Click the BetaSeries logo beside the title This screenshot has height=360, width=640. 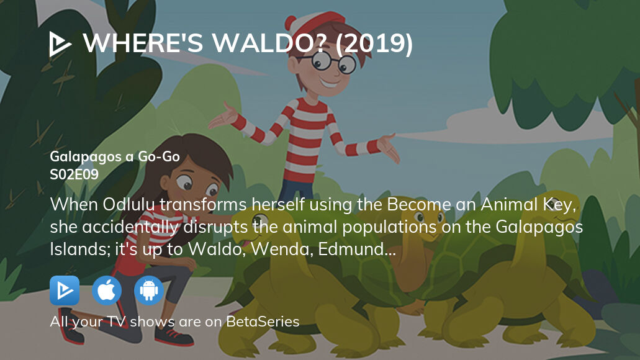(x=61, y=43)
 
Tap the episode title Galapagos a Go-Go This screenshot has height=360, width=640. (x=115, y=156)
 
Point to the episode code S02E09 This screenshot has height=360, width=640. (x=74, y=174)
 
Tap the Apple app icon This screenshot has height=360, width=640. (x=107, y=290)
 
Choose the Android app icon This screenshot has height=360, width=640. (x=149, y=290)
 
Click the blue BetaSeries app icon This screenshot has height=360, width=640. (x=65, y=290)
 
